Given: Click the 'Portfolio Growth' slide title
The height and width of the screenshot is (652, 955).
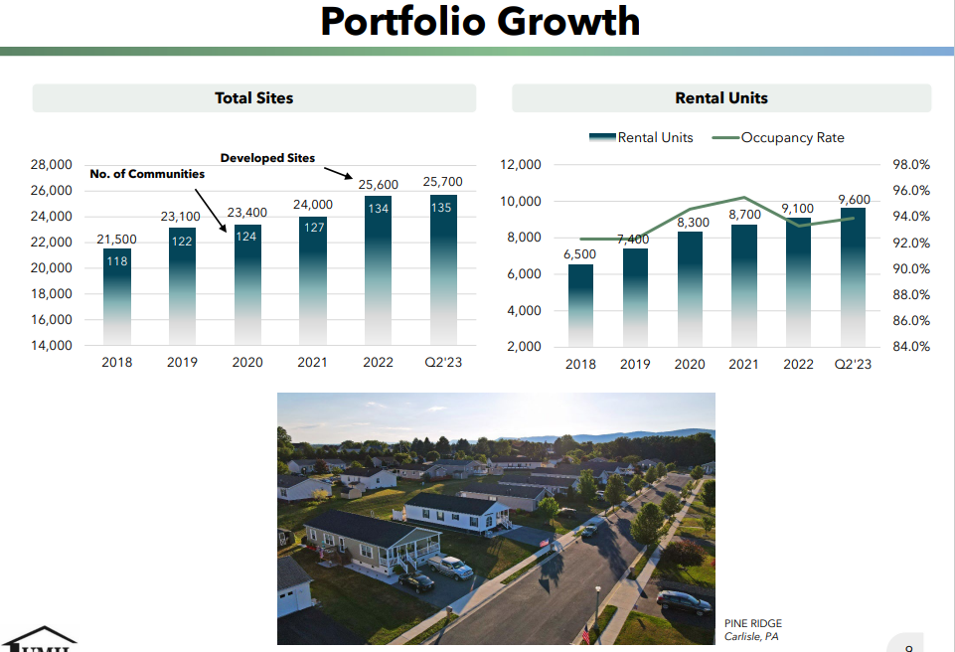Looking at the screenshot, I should pyautogui.click(x=480, y=21).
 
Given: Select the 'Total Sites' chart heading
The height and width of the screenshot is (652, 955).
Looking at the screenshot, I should pyautogui.click(x=254, y=97).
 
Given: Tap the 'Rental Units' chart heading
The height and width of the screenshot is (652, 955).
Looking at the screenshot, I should pyautogui.click(x=720, y=97).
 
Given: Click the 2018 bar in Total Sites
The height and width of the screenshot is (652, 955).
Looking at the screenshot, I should pyautogui.click(x=117, y=298).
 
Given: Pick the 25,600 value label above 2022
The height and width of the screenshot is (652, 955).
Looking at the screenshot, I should pyautogui.click(x=378, y=185).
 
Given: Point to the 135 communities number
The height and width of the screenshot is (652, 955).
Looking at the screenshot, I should pyautogui.click(x=443, y=208).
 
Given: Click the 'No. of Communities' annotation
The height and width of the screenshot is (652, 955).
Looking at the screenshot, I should pyautogui.click(x=147, y=174).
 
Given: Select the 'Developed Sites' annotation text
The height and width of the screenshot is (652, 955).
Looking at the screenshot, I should pyautogui.click(x=267, y=158).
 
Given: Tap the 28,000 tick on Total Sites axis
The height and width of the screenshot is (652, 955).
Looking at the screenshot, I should pyautogui.click(x=53, y=165).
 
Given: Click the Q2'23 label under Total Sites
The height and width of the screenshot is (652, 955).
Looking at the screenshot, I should pyautogui.click(x=443, y=363).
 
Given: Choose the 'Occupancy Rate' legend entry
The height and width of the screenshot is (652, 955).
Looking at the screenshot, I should pyautogui.click(x=792, y=137).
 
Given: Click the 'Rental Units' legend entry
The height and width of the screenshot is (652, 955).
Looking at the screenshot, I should pyautogui.click(x=655, y=137).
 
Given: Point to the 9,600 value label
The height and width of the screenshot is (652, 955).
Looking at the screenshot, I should pyautogui.click(x=854, y=200).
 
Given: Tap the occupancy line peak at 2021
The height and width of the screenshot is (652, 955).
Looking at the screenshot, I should pyautogui.click(x=744, y=198).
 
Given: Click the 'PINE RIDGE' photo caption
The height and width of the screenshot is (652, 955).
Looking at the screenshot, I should pyautogui.click(x=753, y=623).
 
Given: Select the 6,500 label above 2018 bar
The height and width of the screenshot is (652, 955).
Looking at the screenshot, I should pyautogui.click(x=580, y=254).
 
